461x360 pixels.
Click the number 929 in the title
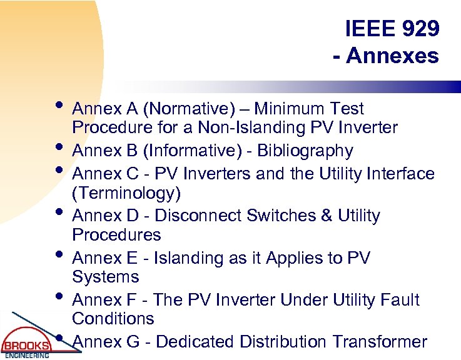click(x=418, y=28)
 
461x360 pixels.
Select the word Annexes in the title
click(x=393, y=56)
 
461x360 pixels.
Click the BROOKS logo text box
click(x=26, y=346)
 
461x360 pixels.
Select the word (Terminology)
click(x=126, y=193)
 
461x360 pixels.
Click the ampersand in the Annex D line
click(x=327, y=216)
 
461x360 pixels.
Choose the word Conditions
click(x=113, y=319)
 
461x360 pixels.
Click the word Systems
click(x=106, y=277)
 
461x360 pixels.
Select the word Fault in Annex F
click(x=400, y=300)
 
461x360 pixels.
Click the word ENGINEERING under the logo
click(x=27, y=356)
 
